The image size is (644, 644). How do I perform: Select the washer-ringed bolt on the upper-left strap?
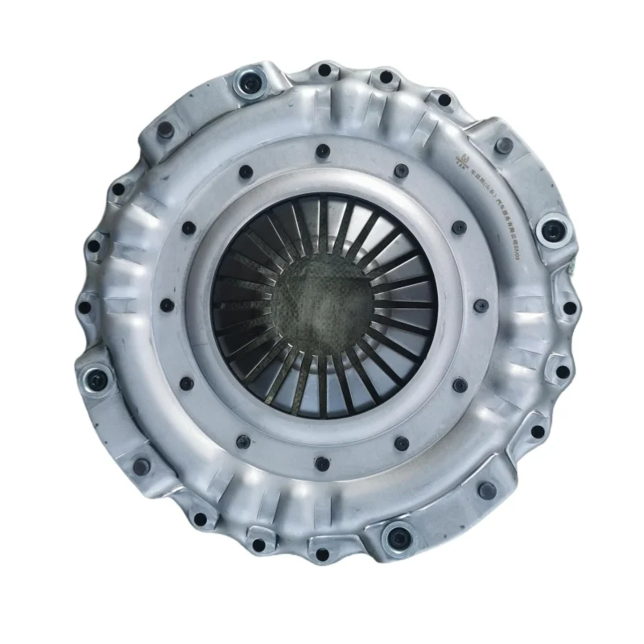pyautogui.click(x=246, y=82)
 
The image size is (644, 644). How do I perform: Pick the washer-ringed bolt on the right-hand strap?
pyautogui.click(x=551, y=232)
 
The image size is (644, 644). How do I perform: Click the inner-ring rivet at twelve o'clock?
pyautogui.click(x=323, y=150)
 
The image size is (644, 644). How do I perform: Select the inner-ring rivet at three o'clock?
pyautogui.click(x=480, y=306)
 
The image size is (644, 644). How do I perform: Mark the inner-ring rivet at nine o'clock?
pyautogui.click(x=166, y=306)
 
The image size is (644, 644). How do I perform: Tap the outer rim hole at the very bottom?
pyautogui.click(x=321, y=555)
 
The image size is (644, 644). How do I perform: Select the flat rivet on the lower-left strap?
pyautogui.click(x=142, y=465)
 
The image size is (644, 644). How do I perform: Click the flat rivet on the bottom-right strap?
pyautogui.click(x=485, y=489)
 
